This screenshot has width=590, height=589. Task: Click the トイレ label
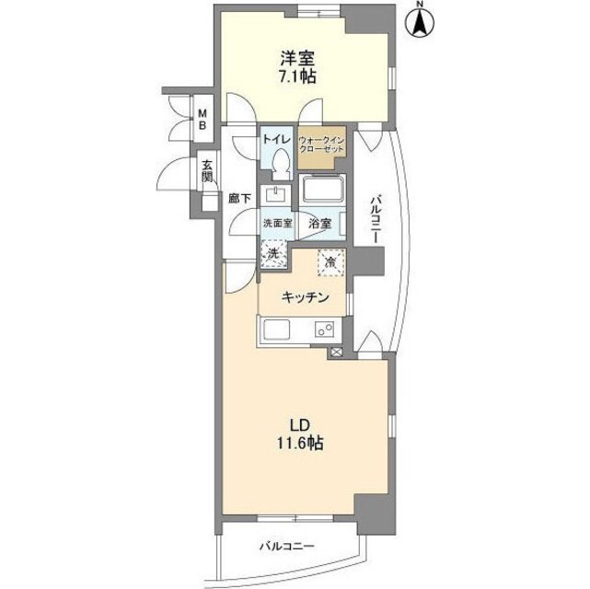(x=277, y=138)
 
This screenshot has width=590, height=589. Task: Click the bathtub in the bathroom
(x=323, y=193)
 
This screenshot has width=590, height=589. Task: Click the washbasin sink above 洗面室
(x=274, y=194)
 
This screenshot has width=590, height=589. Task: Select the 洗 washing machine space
(x=273, y=252)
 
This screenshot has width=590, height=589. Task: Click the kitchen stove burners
(x=325, y=329)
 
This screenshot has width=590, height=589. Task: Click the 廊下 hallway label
(x=240, y=197)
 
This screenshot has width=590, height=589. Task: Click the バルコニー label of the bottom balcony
(x=285, y=547)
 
